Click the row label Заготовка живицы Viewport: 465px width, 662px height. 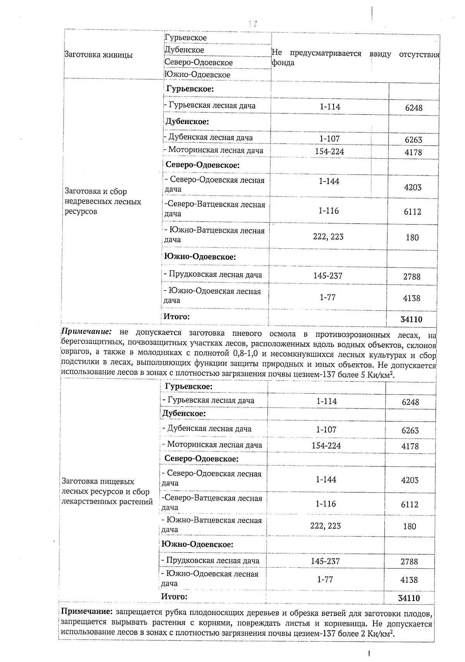tap(98, 55)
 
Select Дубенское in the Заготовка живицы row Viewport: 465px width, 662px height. tap(184, 50)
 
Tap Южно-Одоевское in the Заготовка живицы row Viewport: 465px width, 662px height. tap(197, 74)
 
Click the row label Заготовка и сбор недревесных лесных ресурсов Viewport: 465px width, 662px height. tap(103, 201)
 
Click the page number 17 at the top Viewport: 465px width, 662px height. tap(253, 24)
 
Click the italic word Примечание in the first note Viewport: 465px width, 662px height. tap(87, 333)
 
